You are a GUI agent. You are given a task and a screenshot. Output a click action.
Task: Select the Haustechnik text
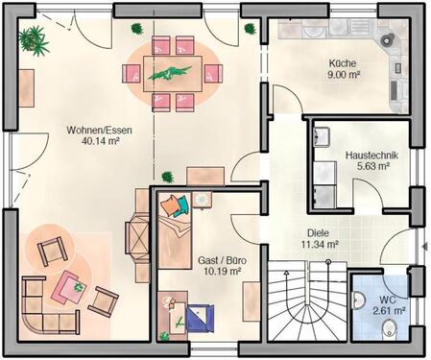[371, 154]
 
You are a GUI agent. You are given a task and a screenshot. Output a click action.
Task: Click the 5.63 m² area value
[371, 165]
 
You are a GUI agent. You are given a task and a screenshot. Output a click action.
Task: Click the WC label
[388, 299]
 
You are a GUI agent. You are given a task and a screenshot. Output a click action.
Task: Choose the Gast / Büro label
[218, 260]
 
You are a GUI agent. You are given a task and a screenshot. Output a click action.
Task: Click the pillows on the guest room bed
[173, 205]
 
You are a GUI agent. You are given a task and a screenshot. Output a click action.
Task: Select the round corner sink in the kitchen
[389, 41]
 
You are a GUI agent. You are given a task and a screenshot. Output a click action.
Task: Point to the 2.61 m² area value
[388, 310]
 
